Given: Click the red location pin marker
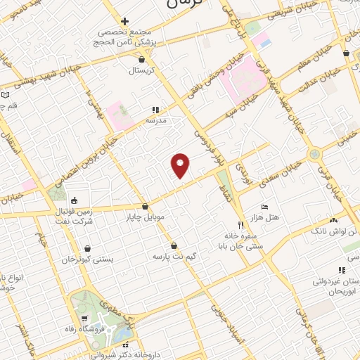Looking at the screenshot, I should point(181,165).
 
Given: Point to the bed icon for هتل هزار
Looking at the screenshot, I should point(264,207).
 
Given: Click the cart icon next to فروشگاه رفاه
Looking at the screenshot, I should point(84,319).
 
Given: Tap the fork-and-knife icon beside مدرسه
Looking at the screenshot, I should point(155,110).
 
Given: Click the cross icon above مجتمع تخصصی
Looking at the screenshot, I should point(124,21).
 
